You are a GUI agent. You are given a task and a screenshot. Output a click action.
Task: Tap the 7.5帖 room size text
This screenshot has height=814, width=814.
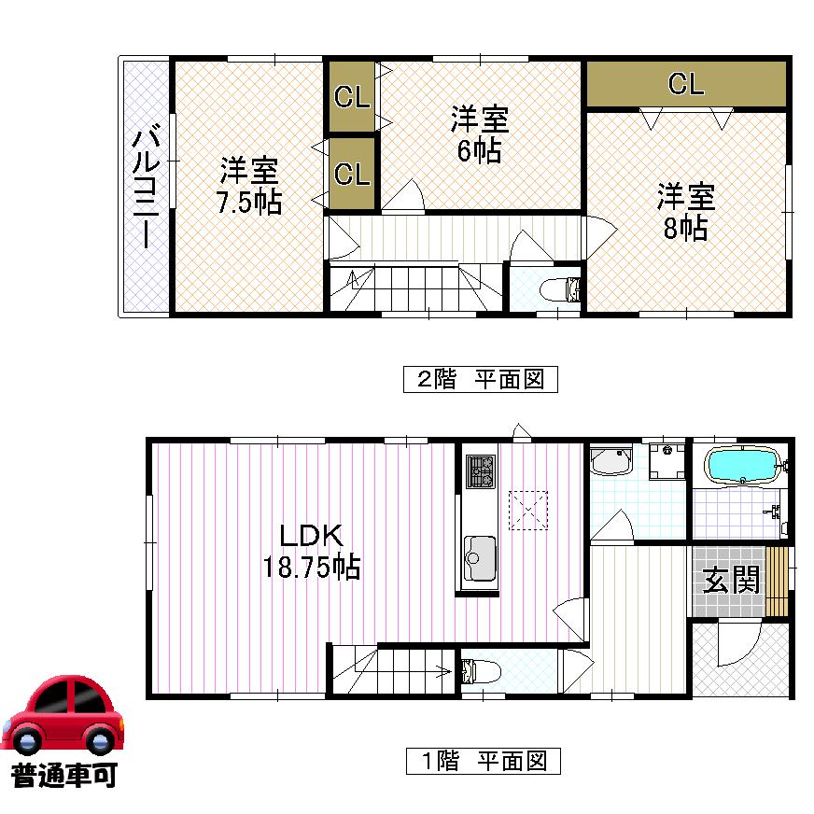[x=249, y=203]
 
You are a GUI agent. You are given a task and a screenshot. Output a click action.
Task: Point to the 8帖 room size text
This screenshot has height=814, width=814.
[x=685, y=227]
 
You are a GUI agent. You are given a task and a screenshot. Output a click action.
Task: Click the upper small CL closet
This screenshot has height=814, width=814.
[x=352, y=96]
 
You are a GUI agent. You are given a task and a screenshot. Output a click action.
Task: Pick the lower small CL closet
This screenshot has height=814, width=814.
[x=352, y=174]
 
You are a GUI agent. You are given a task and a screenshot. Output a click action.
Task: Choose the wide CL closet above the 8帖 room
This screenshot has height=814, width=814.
[x=685, y=85]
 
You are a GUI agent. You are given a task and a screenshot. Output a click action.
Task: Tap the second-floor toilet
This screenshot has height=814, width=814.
[x=560, y=289]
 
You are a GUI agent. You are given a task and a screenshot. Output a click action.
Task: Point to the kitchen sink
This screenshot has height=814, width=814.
[x=482, y=558]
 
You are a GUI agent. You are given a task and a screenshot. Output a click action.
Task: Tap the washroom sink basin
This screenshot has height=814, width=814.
[x=611, y=461]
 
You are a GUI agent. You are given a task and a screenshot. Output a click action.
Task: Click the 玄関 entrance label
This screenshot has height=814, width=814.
[x=731, y=581]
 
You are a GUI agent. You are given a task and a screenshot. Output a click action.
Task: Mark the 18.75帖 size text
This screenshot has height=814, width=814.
[x=314, y=568]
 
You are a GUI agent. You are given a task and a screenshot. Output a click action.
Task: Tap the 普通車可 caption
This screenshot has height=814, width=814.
[x=63, y=775]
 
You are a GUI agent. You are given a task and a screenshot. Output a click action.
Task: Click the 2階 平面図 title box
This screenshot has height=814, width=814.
[x=480, y=379]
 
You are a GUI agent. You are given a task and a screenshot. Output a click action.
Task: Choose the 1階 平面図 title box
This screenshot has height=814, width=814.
[x=483, y=761]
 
